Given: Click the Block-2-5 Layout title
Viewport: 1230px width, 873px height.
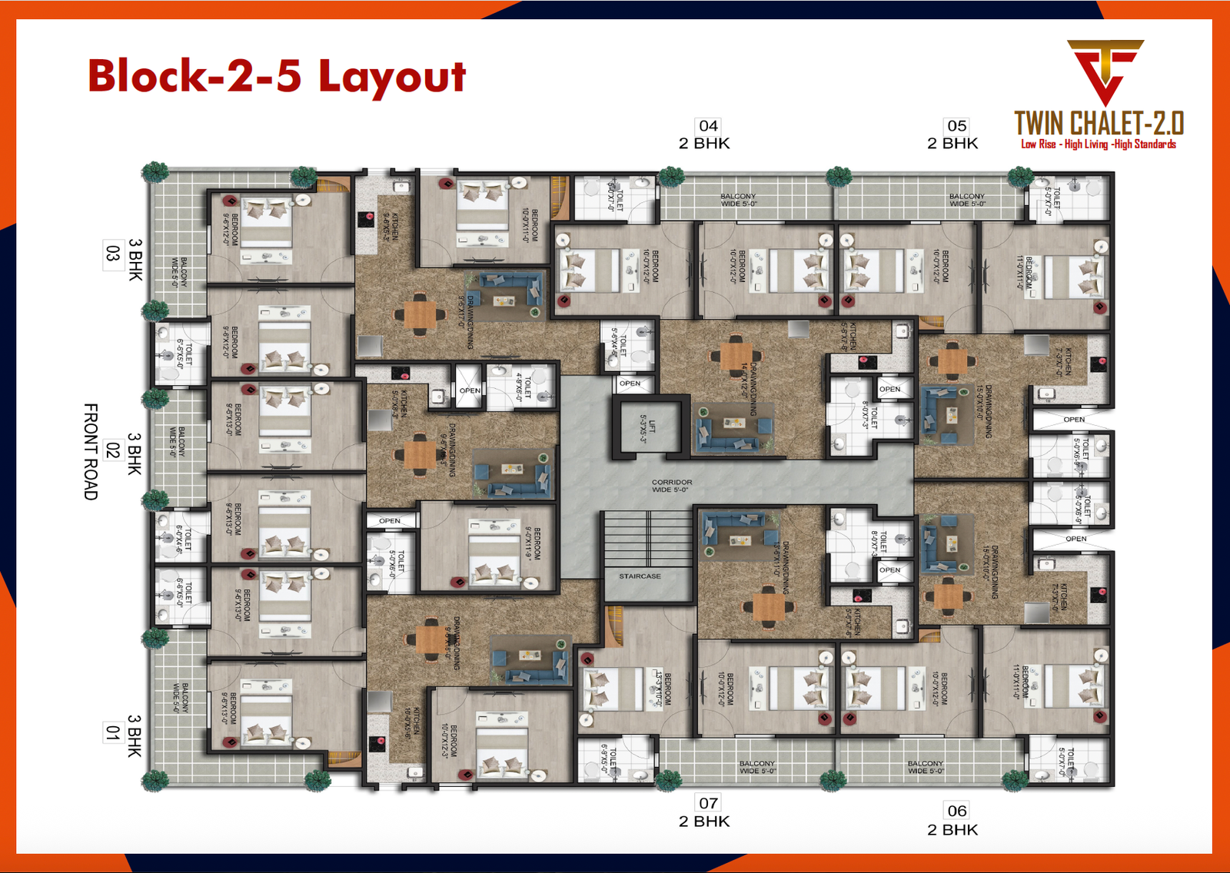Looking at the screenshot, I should (277, 76).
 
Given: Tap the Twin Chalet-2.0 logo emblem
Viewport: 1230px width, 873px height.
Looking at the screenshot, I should (1105, 71).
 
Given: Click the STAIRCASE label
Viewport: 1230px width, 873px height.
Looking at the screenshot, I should (640, 576).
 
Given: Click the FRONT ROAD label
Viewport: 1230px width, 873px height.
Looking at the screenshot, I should (91, 451).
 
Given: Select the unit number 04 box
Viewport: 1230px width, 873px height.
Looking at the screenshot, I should (708, 126).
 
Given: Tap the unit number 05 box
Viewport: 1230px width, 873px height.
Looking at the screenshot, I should (956, 126).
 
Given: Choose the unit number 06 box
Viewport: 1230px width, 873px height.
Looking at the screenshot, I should (956, 811).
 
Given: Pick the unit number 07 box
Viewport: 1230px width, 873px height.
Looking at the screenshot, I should (708, 803).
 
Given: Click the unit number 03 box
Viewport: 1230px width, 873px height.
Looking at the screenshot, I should (113, 254).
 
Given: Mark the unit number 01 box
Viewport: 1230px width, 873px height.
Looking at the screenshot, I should (113, 732).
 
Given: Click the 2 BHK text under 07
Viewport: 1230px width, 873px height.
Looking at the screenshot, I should (704, 822).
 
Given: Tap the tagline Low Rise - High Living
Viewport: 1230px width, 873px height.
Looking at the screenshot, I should (1098, 144).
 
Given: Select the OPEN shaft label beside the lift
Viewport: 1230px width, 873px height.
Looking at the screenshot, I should (630, 383).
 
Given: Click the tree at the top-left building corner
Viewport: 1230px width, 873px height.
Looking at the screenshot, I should (156, 171).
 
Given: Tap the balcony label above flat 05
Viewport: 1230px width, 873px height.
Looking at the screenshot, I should (966, 200).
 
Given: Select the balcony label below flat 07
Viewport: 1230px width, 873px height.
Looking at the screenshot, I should (757, 767).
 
